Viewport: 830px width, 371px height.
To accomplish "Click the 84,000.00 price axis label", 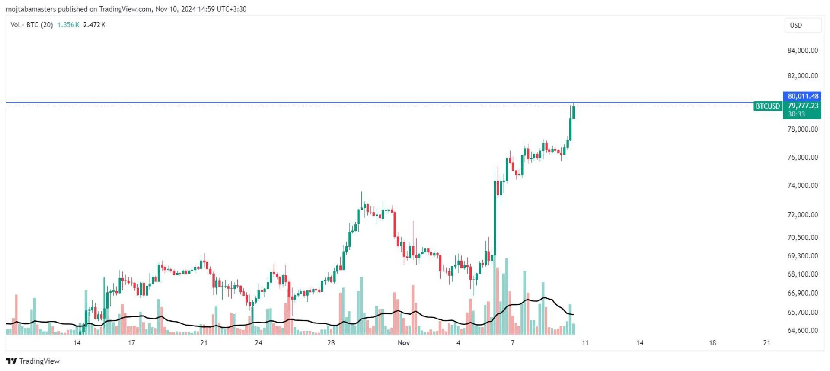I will [802, 51].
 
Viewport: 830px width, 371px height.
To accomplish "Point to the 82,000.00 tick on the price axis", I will [802, 76].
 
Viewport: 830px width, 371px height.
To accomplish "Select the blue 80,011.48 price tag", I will [802, 96].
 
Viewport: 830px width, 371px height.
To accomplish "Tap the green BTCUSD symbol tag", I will [767, 106].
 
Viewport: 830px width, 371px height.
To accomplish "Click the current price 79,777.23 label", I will [803, 106].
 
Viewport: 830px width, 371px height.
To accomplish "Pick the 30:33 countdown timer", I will [796, 114].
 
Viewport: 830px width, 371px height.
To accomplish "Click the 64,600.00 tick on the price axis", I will [802, 330].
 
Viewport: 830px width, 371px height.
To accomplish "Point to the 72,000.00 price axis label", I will [802, 215].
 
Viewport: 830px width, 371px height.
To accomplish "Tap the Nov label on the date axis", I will [403, 343].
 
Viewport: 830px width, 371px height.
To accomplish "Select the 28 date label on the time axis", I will [331, 343].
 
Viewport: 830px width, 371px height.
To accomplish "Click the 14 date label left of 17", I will [77, 343].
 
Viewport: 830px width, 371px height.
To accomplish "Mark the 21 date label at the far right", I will [766, 343].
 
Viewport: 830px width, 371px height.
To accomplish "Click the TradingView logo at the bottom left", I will [33, 361].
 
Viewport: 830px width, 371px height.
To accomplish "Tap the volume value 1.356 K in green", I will [68, 25].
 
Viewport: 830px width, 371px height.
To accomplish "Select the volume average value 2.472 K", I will [94, 25].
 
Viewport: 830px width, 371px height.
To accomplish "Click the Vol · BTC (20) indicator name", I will [32, 25].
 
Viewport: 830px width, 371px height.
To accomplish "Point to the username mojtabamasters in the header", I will [31, 9].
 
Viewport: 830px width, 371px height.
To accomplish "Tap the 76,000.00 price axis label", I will [802, 157].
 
